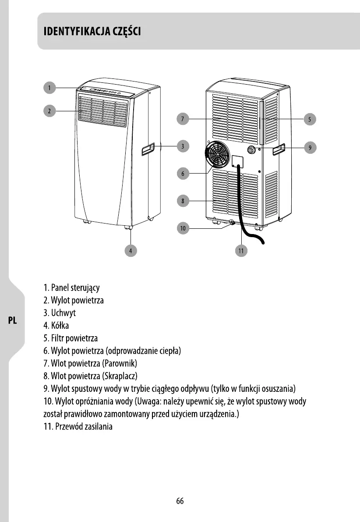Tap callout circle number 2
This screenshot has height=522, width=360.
(50, 111)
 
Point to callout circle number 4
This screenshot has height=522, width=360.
(130, 250)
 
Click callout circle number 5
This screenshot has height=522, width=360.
(310, 118)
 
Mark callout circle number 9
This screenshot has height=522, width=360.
(310, 148)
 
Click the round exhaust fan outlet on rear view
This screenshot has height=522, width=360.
(218, 155)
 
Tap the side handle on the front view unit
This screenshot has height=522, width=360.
(148, 150)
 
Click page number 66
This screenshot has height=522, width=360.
(180, 501)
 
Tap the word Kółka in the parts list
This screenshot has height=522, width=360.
(60, 326)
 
